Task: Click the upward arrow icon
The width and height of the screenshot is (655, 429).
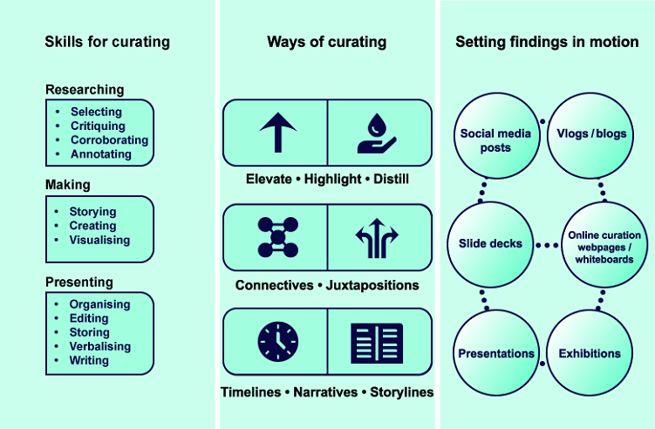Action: click(276, 133)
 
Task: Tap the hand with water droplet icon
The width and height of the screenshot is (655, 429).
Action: click(377, 133)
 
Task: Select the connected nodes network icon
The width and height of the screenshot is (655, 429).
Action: click(276, 236)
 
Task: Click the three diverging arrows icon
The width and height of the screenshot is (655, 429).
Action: click(377, 236)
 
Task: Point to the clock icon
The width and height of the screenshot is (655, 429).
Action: click(276, 341)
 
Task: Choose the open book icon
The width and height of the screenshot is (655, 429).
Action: click(377, 341)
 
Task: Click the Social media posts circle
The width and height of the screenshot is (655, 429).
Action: click(495, 140)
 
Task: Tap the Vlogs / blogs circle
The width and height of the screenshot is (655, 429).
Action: click(590, 134)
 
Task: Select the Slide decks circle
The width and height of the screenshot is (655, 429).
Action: click(490, 244)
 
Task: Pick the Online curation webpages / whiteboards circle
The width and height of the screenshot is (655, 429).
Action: click(604, 246)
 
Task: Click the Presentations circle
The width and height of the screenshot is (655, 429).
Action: click(495, 353)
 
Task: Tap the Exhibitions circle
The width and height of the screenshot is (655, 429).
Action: click(590, 353)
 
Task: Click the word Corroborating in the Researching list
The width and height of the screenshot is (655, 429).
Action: click(109, 140)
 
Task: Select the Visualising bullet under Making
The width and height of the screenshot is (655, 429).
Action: click(99, 240)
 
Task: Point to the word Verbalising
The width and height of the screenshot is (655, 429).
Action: click(100, 346)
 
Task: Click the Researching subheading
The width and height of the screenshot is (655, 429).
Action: click(85, 90)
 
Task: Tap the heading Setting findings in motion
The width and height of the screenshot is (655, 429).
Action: click(547, 42)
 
